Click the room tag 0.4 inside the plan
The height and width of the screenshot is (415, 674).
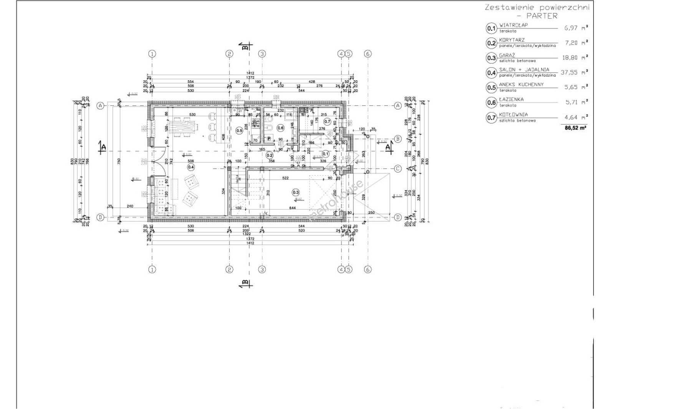point(191,167)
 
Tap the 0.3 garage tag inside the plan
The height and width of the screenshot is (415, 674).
point(295,192)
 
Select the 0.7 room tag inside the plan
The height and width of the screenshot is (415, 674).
point(327,121)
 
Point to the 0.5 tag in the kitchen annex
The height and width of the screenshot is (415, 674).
point(239,130)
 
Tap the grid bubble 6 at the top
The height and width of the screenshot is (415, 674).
point(368,54)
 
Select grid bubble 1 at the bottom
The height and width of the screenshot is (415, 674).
point(152,270)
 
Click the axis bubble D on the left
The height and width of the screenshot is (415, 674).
point(100,217)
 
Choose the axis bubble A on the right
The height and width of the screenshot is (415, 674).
point(398,105)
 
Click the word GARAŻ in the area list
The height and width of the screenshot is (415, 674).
point(507,55)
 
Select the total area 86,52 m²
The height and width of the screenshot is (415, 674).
point(575,128)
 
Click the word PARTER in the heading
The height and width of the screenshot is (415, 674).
point(542,16)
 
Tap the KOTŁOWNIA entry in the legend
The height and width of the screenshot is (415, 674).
point(513,115)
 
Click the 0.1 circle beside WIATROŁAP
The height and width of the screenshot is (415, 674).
point(491,28)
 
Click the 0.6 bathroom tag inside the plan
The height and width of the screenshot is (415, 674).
point(280,128)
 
